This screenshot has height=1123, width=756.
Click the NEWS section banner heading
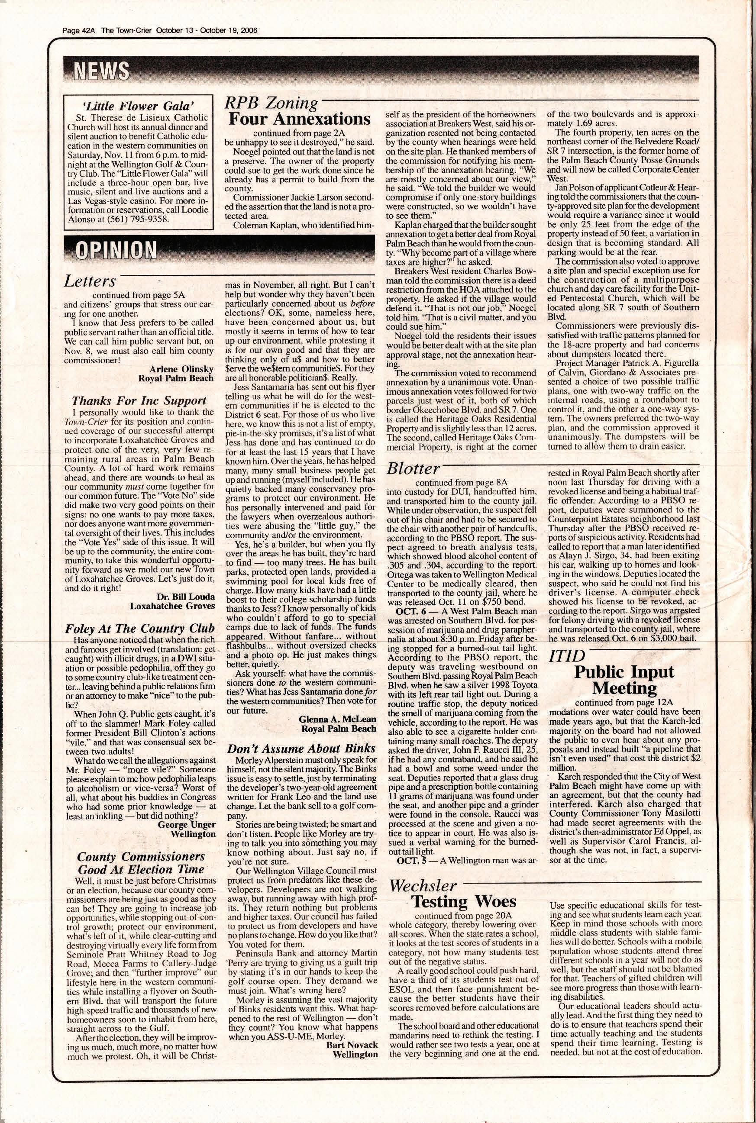(x=101, y=71)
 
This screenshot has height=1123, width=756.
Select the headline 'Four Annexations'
(x=299, y=119)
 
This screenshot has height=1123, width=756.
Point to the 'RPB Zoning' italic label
(x=271, y=103)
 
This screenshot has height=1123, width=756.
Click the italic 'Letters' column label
(x=90, y=281)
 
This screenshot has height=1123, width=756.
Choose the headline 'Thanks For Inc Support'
(x=139, y=400)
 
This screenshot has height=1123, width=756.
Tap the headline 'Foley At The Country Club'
(x=139, y=629)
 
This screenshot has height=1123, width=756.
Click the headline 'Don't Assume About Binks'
(x=301, y=748)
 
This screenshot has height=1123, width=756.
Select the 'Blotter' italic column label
(x=414, y=468)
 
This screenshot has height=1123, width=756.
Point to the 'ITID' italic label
(x=567, y=655)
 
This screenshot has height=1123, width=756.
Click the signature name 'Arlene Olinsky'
(x=181, y=369)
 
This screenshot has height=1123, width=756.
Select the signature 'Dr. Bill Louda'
(x=186, y=597)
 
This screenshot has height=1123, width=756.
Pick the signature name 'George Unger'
(x=187, y=825)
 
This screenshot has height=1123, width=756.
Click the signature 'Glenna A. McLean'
(x=337, y=719)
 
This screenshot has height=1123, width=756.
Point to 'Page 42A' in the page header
(x=80, y=30)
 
